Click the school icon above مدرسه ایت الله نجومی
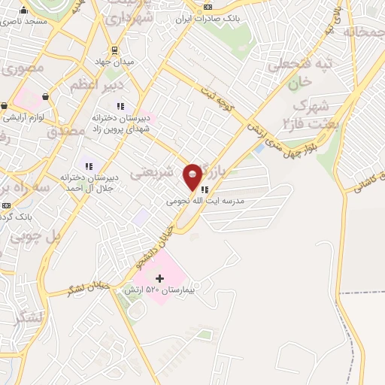pos(205,189)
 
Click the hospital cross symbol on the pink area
pos(159,279)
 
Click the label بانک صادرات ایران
pos(209,20)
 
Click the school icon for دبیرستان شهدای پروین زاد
pos(120,106)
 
